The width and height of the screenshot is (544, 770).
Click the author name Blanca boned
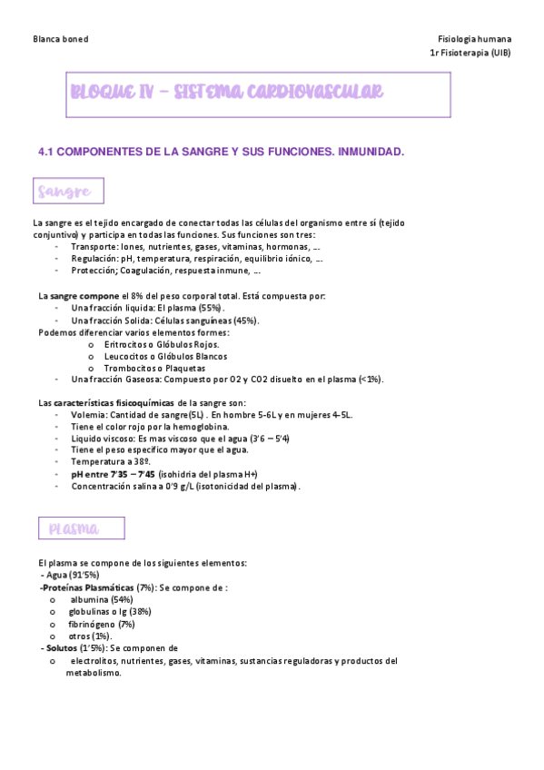[x=60, y=40]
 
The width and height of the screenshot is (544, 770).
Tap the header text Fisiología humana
[x=474, y=40]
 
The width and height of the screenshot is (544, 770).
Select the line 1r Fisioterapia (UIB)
[x=470, y=54]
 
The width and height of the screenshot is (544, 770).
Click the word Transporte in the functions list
[x=94, y=246]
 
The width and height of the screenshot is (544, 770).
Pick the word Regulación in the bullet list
[x=94, y=258]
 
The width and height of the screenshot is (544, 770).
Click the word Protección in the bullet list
[x=94, y=270]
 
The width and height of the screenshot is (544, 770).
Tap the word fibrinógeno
[x=91, y=624]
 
